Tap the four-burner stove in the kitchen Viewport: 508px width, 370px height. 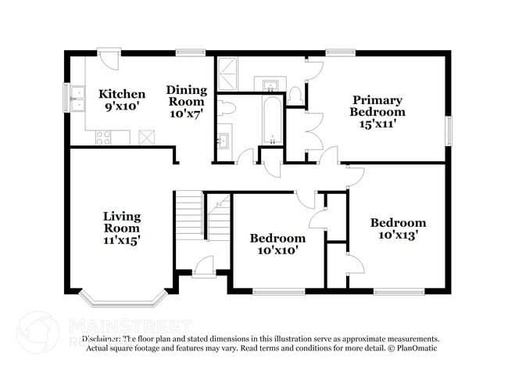point(103,138)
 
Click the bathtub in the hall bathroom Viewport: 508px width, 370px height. point(271,122)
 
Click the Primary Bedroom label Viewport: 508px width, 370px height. point(377,106)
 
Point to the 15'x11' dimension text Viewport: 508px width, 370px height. point(377,123)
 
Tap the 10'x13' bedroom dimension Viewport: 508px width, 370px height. point(398,234)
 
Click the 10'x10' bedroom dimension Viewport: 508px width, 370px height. point(277,250)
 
